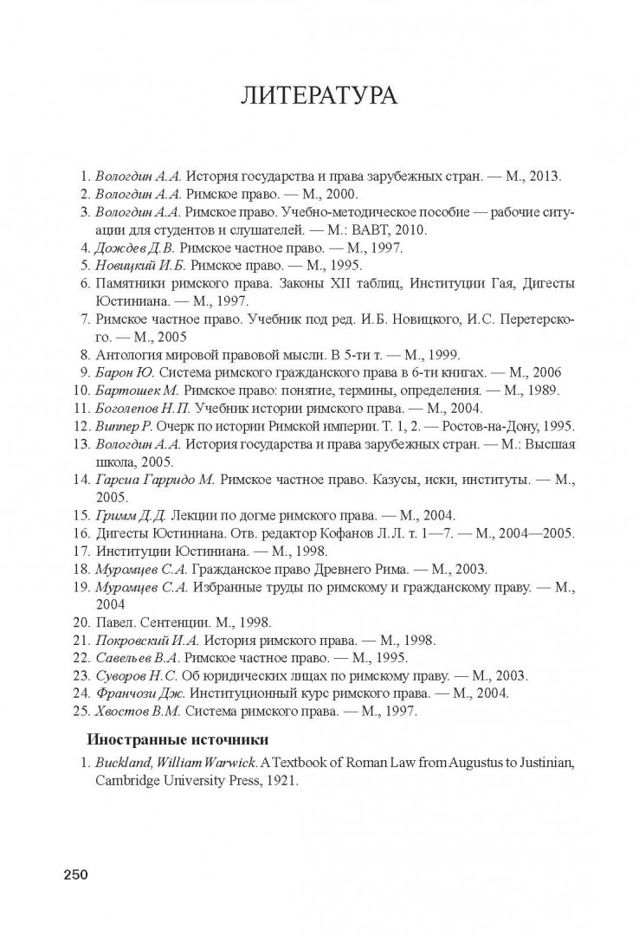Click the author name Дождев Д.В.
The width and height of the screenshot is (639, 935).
127,247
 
